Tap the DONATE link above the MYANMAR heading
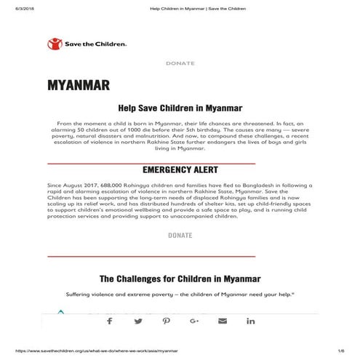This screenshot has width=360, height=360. click(x=180, y=63)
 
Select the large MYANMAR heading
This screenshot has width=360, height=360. click(x=79, y=86)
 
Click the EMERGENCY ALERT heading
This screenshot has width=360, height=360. click(x=180, y=170)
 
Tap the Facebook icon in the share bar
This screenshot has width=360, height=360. click(x=110, y=321)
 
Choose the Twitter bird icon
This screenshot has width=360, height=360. click(x=138, y=321)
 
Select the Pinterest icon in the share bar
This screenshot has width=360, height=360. click(x=167, y=321)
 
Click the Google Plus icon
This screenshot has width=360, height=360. click(x=194, y=321)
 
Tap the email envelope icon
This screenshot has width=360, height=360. click(x=223, y=321)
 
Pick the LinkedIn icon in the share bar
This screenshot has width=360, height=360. click(x=251, y=321)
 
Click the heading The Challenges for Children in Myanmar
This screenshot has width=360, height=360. click(x=180, y=279)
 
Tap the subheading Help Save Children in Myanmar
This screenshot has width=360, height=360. click(x=180, y=106)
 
